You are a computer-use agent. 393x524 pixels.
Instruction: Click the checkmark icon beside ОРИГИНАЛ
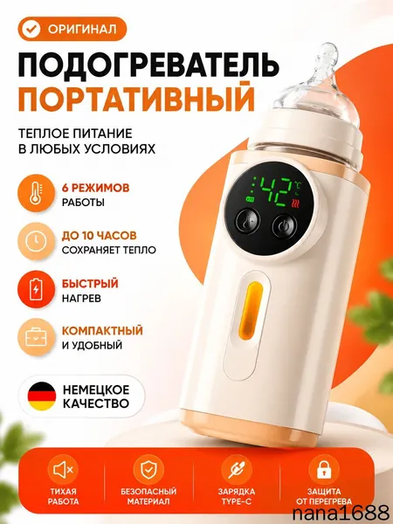point(31,29)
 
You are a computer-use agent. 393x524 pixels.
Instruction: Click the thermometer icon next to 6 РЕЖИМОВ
point(36,192)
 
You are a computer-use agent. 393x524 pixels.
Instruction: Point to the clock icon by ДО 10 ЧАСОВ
point(36,241)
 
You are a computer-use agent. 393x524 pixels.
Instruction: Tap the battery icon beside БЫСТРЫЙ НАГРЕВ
point(36,289)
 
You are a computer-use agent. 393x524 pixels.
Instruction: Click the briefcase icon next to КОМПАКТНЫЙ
point(36,337)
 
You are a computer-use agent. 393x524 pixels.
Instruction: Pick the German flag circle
point(42,396)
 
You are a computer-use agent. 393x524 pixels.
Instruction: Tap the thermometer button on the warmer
point(248,221)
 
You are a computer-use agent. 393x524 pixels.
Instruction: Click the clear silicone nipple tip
point(325,56)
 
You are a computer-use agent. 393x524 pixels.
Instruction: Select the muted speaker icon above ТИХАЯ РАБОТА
point(64,470)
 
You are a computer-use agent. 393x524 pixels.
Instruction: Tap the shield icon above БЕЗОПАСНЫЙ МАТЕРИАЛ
point(148,470)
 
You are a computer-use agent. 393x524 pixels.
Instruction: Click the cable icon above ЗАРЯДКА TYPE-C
point(237,470)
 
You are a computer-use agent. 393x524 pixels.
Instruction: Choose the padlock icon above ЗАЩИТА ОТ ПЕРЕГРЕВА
point(324,470)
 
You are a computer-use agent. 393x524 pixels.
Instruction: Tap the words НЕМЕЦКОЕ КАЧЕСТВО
point(96,396)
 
